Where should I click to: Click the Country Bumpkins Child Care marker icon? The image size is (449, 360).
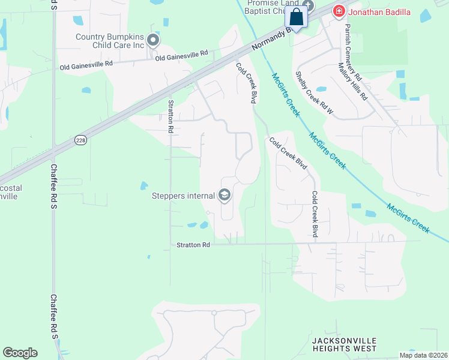pos(153,41)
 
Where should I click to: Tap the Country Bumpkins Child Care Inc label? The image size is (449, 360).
pos(110,41)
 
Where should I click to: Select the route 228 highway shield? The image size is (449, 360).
pos(80,140)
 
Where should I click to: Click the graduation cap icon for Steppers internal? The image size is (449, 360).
pos(224,195)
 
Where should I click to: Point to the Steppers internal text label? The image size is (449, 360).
pos(184,196)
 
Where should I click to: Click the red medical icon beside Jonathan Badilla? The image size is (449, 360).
pos(339,11)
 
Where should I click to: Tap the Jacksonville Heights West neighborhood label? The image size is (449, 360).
pos(344,344)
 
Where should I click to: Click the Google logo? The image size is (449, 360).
pos(20,353)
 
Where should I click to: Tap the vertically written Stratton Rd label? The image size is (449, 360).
pos(170,116)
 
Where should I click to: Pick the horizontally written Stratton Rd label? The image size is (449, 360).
pos(193,245)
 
